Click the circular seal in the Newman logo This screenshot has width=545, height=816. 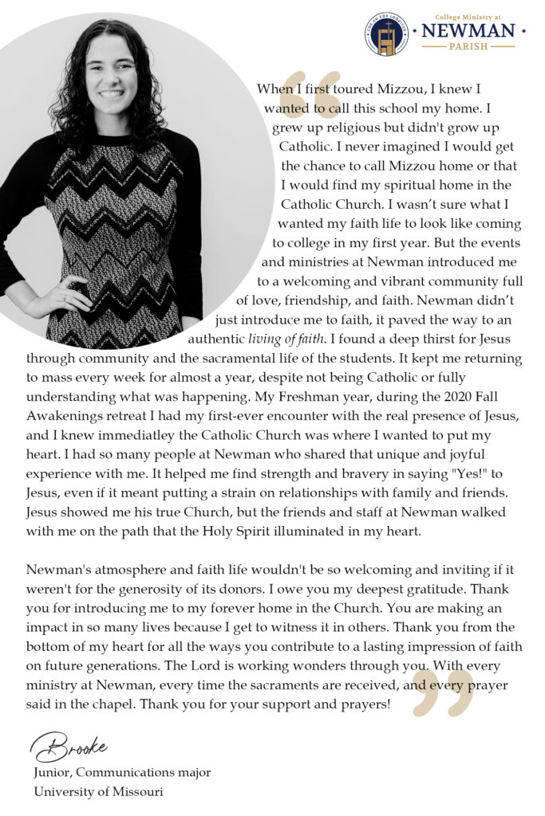[386, 33]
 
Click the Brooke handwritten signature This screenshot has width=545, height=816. [69, 747]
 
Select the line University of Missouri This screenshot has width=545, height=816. [98, 791]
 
